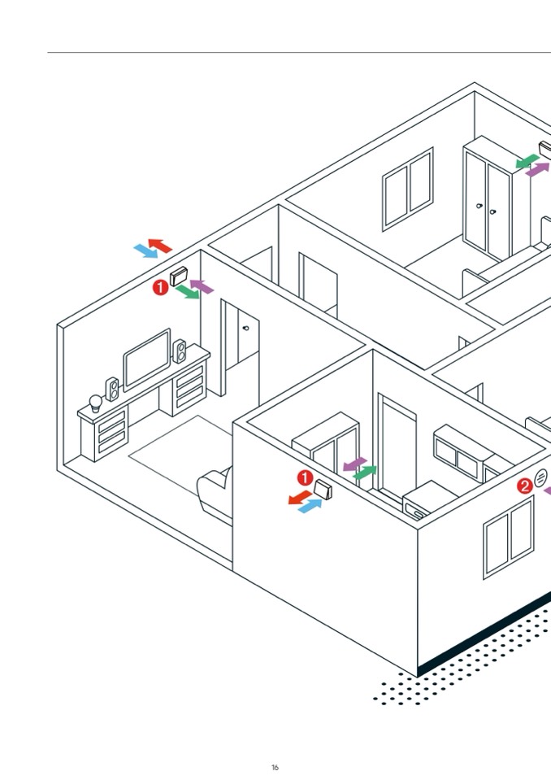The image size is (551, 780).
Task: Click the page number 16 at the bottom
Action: click(x=275, y=767)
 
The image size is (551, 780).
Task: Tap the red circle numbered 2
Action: click(x=525, y=486)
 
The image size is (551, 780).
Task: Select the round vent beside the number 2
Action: click(x=541, y=478)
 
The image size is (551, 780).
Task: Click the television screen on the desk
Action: click(x=147, y=359)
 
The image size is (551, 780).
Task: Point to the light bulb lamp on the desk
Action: click(x=94, y=401)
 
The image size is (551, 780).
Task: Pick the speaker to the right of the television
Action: click(x=180, y=351)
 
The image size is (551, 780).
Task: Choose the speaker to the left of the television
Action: click(x=112, y=389)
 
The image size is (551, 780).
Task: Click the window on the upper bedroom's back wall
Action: click(x=408, y=189)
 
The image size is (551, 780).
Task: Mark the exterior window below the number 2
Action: click(x=508, y=537)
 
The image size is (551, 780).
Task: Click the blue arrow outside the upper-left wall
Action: click(x=145, y=251)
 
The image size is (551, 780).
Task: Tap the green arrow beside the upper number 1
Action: click(x=188, y=292)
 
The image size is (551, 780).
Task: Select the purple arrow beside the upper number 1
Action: click(x=202, y=285)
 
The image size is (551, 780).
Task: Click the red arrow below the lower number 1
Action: click(x=300, y=497)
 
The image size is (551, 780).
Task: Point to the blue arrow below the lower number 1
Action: click(x=310, y=506)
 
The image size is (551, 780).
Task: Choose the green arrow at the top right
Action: click(x=527, y=160)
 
